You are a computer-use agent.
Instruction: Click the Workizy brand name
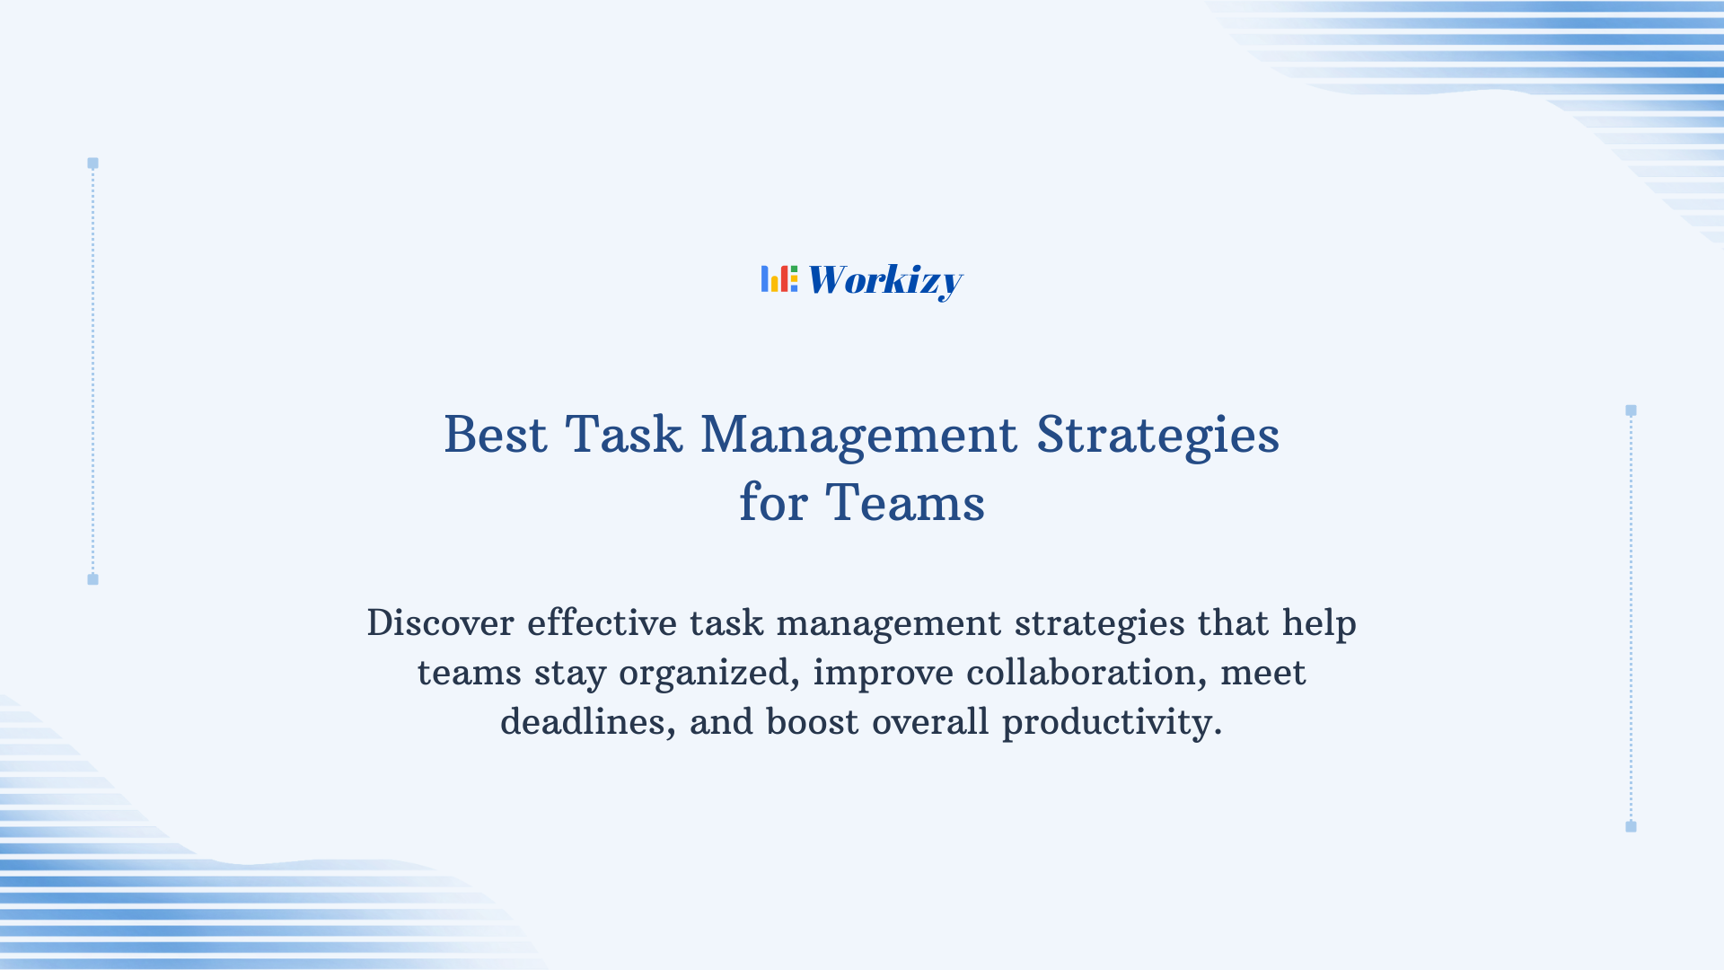tap(884, 280)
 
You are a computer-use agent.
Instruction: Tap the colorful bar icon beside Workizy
tap(778, 278)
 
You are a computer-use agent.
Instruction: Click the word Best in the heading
tap(496, 435)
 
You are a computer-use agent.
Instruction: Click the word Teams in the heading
tap(905, 502)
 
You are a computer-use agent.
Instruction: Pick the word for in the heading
tap(773, 502)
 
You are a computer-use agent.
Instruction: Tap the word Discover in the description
tap(440, 623)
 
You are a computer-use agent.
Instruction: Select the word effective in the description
tap(602, 623)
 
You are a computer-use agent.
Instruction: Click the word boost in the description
tap(812, 722)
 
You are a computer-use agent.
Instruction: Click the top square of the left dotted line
tap(92, 163)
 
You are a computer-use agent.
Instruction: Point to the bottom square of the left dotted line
tap(92, 579)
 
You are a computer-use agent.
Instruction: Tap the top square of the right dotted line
tap(1631, 410)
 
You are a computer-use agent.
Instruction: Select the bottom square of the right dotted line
tap(1631, 826)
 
